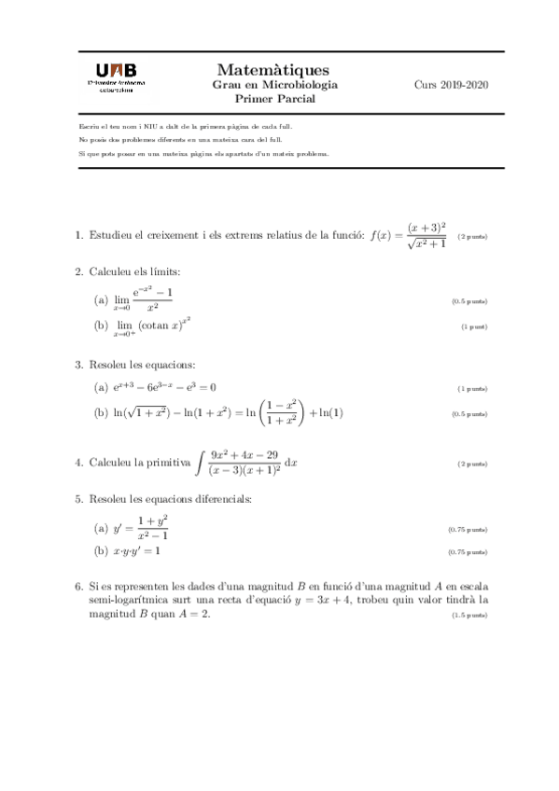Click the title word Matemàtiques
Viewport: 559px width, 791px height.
(x=273, y=70)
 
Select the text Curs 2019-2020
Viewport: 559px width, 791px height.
(x=452, y=85)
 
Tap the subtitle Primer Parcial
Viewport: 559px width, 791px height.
(x=274, y=98)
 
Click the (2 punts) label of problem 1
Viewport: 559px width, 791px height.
(x=473, y=237)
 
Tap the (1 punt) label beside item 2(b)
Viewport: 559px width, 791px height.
(x=474, y=327)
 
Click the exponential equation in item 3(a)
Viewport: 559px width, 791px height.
(x=165, y=387)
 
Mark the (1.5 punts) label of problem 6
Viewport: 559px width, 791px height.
(x=469, y=616)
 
